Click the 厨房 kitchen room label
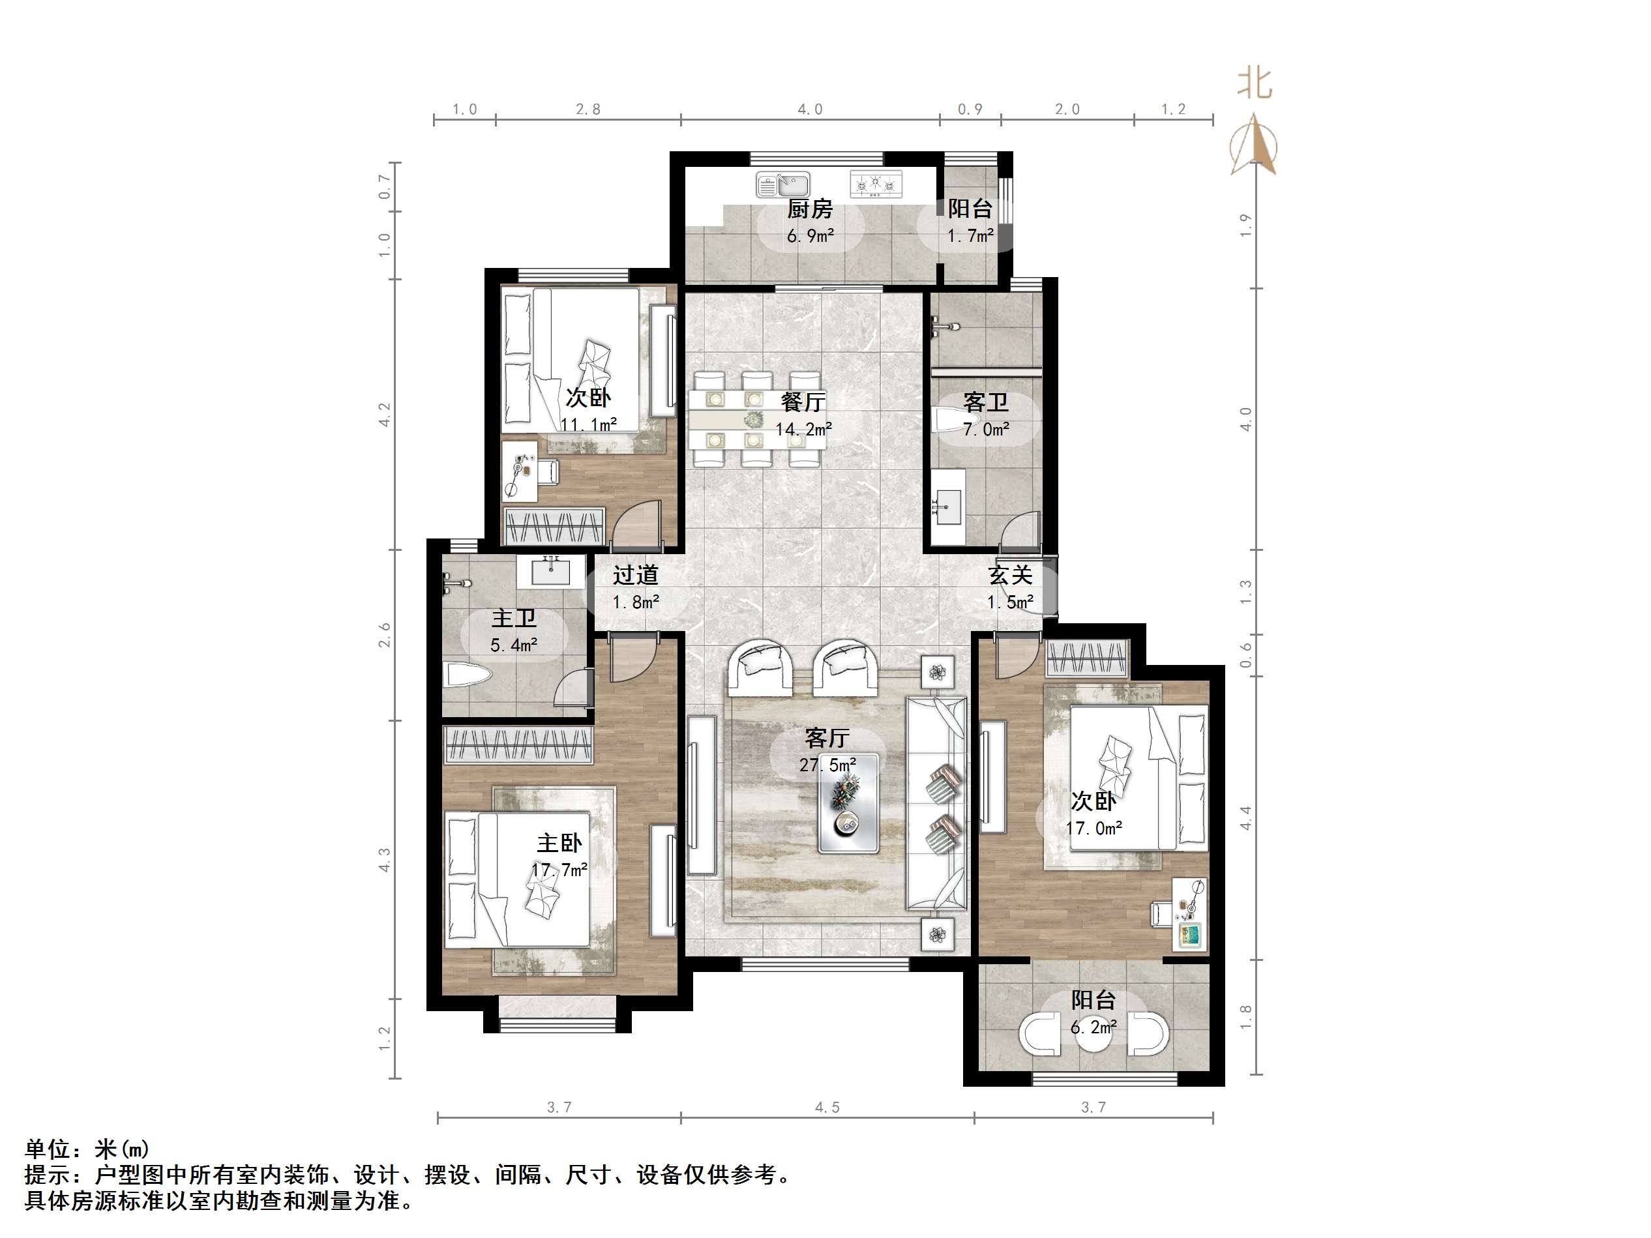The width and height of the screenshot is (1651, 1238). click(810, 209)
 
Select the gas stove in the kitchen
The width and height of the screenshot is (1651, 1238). click(876, 184)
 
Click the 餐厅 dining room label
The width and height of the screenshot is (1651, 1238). click(803, 403)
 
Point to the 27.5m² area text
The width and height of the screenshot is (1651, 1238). click(827, 765)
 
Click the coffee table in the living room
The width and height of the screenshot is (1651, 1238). click(848, 803)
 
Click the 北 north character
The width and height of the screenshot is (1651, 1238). click(1254, 83)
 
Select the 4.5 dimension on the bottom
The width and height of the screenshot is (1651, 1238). click(827, 1108)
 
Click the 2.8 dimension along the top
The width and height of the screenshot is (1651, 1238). click(588, 110)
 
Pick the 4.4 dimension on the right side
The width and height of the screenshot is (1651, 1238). click(1245, 818)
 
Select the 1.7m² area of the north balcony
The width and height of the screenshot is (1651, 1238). click(970, 236)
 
